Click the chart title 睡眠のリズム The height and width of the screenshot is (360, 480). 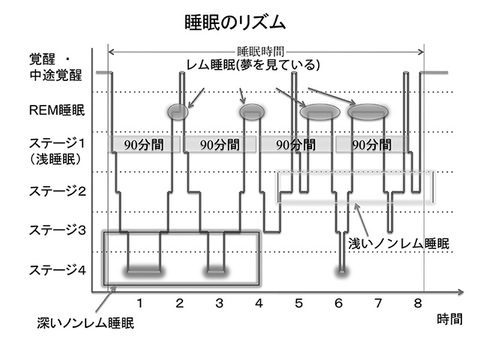coord(235,22)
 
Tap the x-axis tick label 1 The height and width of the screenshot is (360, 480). coord(140,303)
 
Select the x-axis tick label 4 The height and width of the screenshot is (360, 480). coord(259,303)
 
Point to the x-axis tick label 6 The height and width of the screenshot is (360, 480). coord(338,303)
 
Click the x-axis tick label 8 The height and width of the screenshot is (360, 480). coord(417,303)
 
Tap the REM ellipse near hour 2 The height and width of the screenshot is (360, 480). coord(178,111)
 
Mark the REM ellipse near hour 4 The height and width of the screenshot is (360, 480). coord(252,111)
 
